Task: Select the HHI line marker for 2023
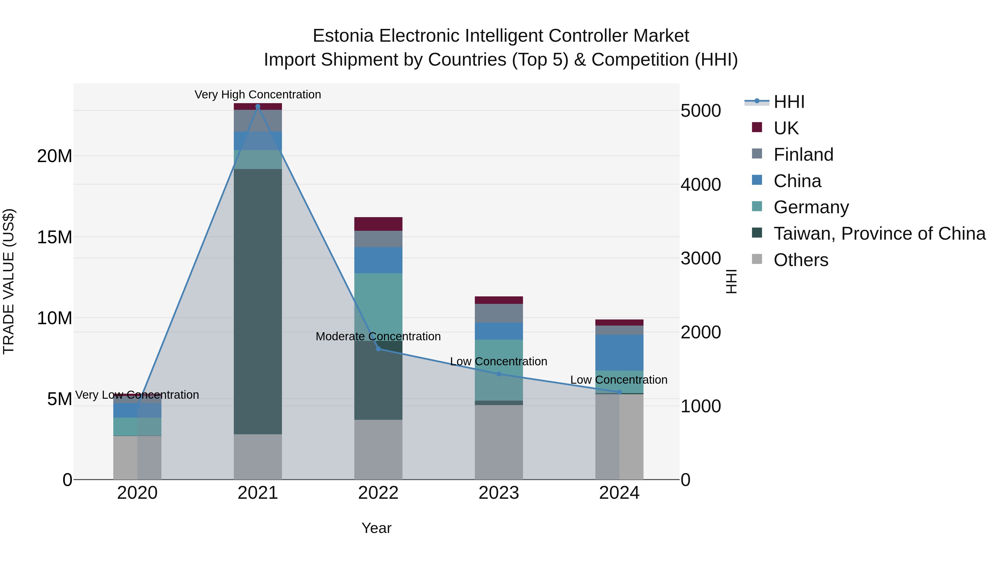coord(499,374)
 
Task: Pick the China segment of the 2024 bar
coord(619,353)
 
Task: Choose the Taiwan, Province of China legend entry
coord(879,234)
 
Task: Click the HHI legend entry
coord(789,102)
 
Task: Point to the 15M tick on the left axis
coord(55,237)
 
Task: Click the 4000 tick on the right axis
coord(701,185)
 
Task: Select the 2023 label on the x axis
coord(499,493)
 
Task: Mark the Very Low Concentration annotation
coord(137,395)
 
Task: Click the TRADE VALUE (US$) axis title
coord(9,281)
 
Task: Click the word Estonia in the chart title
coord(343,36)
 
